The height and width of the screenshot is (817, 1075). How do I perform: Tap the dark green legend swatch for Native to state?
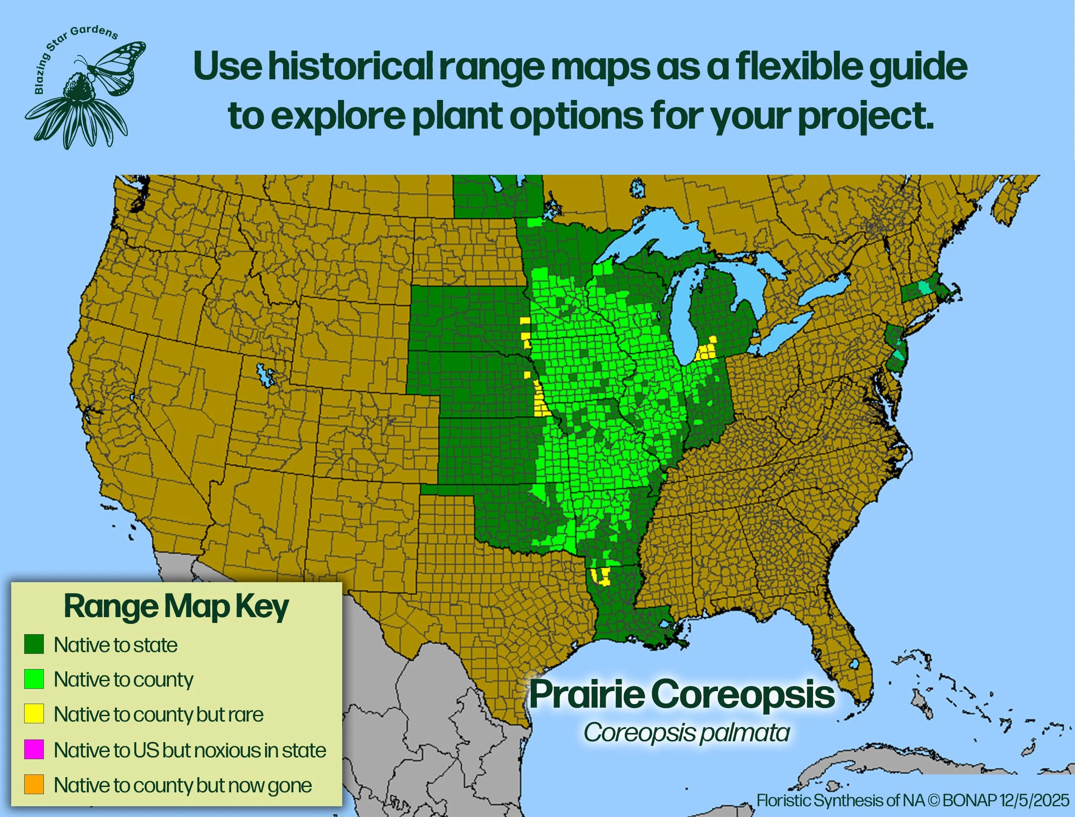click(34, 644)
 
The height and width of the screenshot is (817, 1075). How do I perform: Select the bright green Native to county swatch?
click(34, 679)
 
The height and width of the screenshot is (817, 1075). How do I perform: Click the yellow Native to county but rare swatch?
click(34, 714)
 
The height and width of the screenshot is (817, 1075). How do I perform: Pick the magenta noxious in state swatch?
click(34, 749)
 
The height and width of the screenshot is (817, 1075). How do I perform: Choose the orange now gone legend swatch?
click(34, 784)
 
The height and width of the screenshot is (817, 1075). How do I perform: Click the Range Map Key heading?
click(176, 607)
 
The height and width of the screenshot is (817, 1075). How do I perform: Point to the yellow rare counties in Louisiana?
click(602, 576)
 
